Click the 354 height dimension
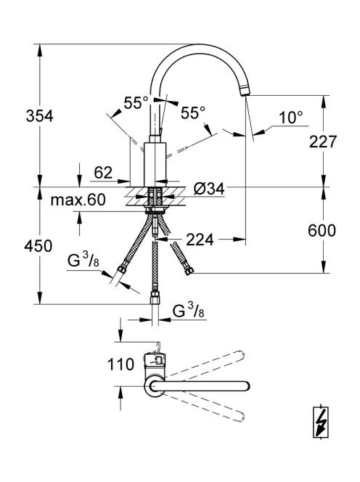coord(40,116)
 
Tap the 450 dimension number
coord(38,246)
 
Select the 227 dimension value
coord(323,142)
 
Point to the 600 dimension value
coord(322,231)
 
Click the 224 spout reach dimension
coord(200,240)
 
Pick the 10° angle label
coord(290,118)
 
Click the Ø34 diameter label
coord(209,189)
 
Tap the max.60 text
coord(78,200)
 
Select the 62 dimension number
coord(103,173)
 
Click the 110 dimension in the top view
coord(120,364)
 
